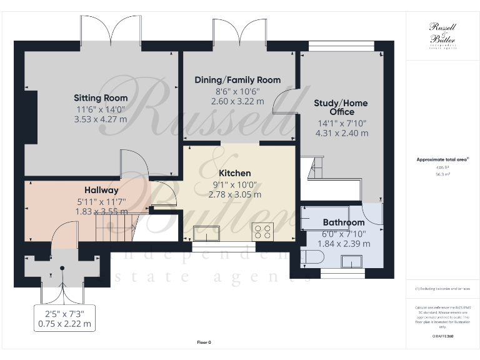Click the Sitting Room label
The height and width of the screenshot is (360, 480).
pyautogui.click(x=101, y=98)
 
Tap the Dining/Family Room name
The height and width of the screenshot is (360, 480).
pyautogui.click(x=237, y=80)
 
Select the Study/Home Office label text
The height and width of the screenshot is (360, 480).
pyautogui.click(x=341, y=107)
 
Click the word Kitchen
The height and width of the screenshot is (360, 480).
pyautogui.click(x=234, y=173)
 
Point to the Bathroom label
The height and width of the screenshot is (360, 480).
pyautogui.click(x=344, y=222)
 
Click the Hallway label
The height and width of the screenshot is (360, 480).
pyautogui.click(x=101, y=190)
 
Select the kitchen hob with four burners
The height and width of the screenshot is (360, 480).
pyautogui.click(x=262, y=232)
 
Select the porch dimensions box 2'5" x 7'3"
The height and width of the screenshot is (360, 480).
pyautogui.click(x=65, y=318)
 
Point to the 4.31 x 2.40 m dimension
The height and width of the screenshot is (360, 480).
pyautogui.click(x=341, y=133)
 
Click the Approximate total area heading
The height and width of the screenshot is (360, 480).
pyautogui.click(x=442, y=160)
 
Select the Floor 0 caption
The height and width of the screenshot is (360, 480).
pyautogui.click(x=204, y=342)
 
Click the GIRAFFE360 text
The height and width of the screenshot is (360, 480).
pyautogui.click(x=442, y=336)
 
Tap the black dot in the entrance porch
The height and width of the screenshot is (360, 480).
pyautogui.click(x=62, y=269)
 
